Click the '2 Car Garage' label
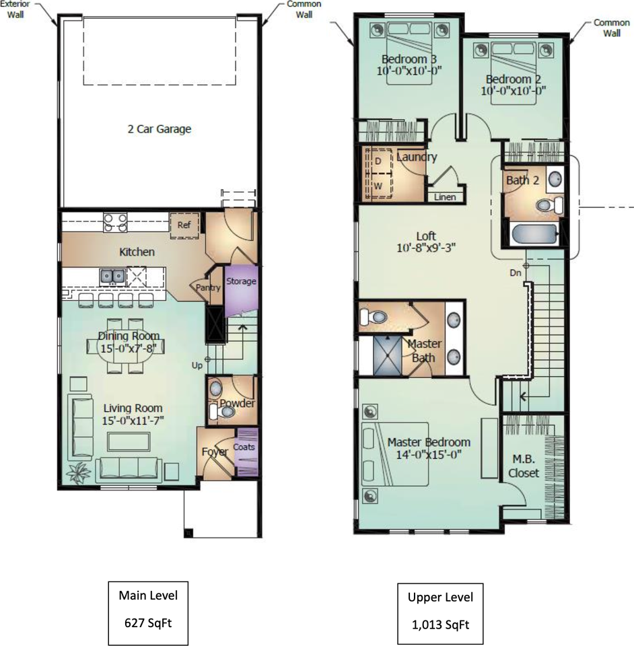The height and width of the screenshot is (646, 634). [160, 129]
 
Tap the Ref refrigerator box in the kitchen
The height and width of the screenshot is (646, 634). [184, 225]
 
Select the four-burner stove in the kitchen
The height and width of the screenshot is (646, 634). [115, 223]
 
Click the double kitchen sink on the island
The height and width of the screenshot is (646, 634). [112, 276]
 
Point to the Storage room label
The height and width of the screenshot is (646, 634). [241, 281]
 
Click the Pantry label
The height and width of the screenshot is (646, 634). [208, 287]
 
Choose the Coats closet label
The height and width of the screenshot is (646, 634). [244, 447]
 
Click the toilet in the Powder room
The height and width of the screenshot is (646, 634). [223, 411]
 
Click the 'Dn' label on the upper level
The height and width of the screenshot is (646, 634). [516, 273]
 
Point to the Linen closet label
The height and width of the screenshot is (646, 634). [445, 197]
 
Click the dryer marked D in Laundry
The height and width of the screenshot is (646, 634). [378, 161]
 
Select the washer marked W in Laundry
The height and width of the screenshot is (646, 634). [378, 186]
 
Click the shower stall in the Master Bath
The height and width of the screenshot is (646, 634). [387, 355]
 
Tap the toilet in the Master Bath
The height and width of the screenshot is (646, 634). [374, 317]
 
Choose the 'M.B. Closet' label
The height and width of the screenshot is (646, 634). [524, 466]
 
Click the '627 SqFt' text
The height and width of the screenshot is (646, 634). [148, 623]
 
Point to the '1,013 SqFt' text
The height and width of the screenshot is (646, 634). [440, 625]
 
